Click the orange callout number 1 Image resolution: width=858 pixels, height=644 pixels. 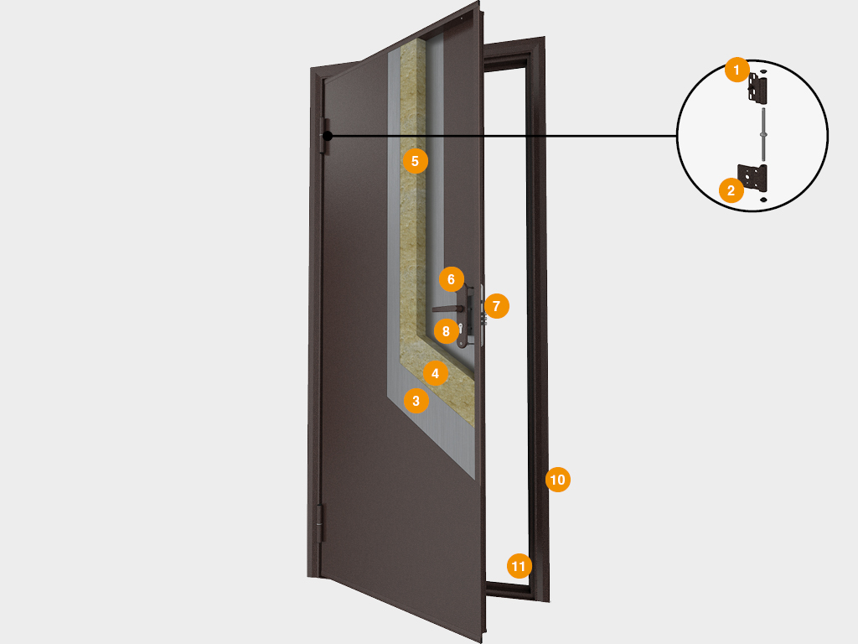(x=737, y=70)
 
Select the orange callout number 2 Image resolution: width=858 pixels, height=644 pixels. (x=731, y=190)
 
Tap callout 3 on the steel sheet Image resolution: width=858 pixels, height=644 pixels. (x=416, y=401)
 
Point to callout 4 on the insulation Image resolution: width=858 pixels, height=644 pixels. (x=435, y=372)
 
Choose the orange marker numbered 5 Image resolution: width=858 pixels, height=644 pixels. (x=416, y=159)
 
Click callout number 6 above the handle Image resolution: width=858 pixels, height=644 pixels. (x=451, y=278)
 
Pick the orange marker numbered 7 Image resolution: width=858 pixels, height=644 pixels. (x=496, y=306)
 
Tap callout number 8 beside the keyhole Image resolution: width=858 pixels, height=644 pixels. (x=446, y=330)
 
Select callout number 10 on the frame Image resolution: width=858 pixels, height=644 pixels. (x=557, y=480)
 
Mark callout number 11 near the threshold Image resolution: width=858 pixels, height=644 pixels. (x=519, y=566)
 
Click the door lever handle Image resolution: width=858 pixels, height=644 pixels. (x=448, y=309)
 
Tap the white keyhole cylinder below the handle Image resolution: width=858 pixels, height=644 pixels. (x=462, y=330)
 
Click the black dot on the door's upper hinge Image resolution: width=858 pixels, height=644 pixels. (x=328, y=136)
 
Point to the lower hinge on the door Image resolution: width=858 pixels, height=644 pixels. (x=319, y=522)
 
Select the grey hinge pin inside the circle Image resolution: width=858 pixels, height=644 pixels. (x=763, y=133)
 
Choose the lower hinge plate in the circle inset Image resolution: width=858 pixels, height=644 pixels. (x=759, y=179)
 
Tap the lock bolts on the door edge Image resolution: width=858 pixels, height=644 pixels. (x=483, y=314)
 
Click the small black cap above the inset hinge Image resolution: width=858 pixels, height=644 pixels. (x=763, y=70)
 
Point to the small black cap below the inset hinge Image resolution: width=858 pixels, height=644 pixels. (x=763, y=201)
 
